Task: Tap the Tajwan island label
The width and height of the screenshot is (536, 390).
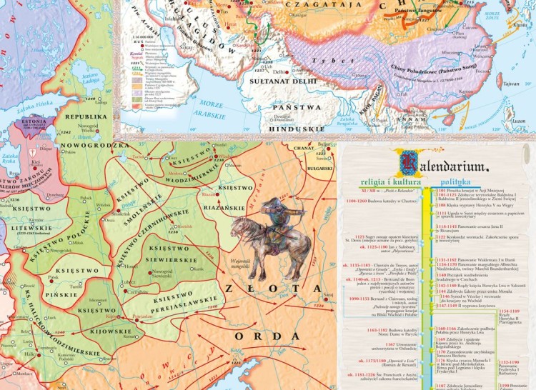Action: (510, 84)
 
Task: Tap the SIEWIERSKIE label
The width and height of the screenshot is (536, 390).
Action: (169, 257)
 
